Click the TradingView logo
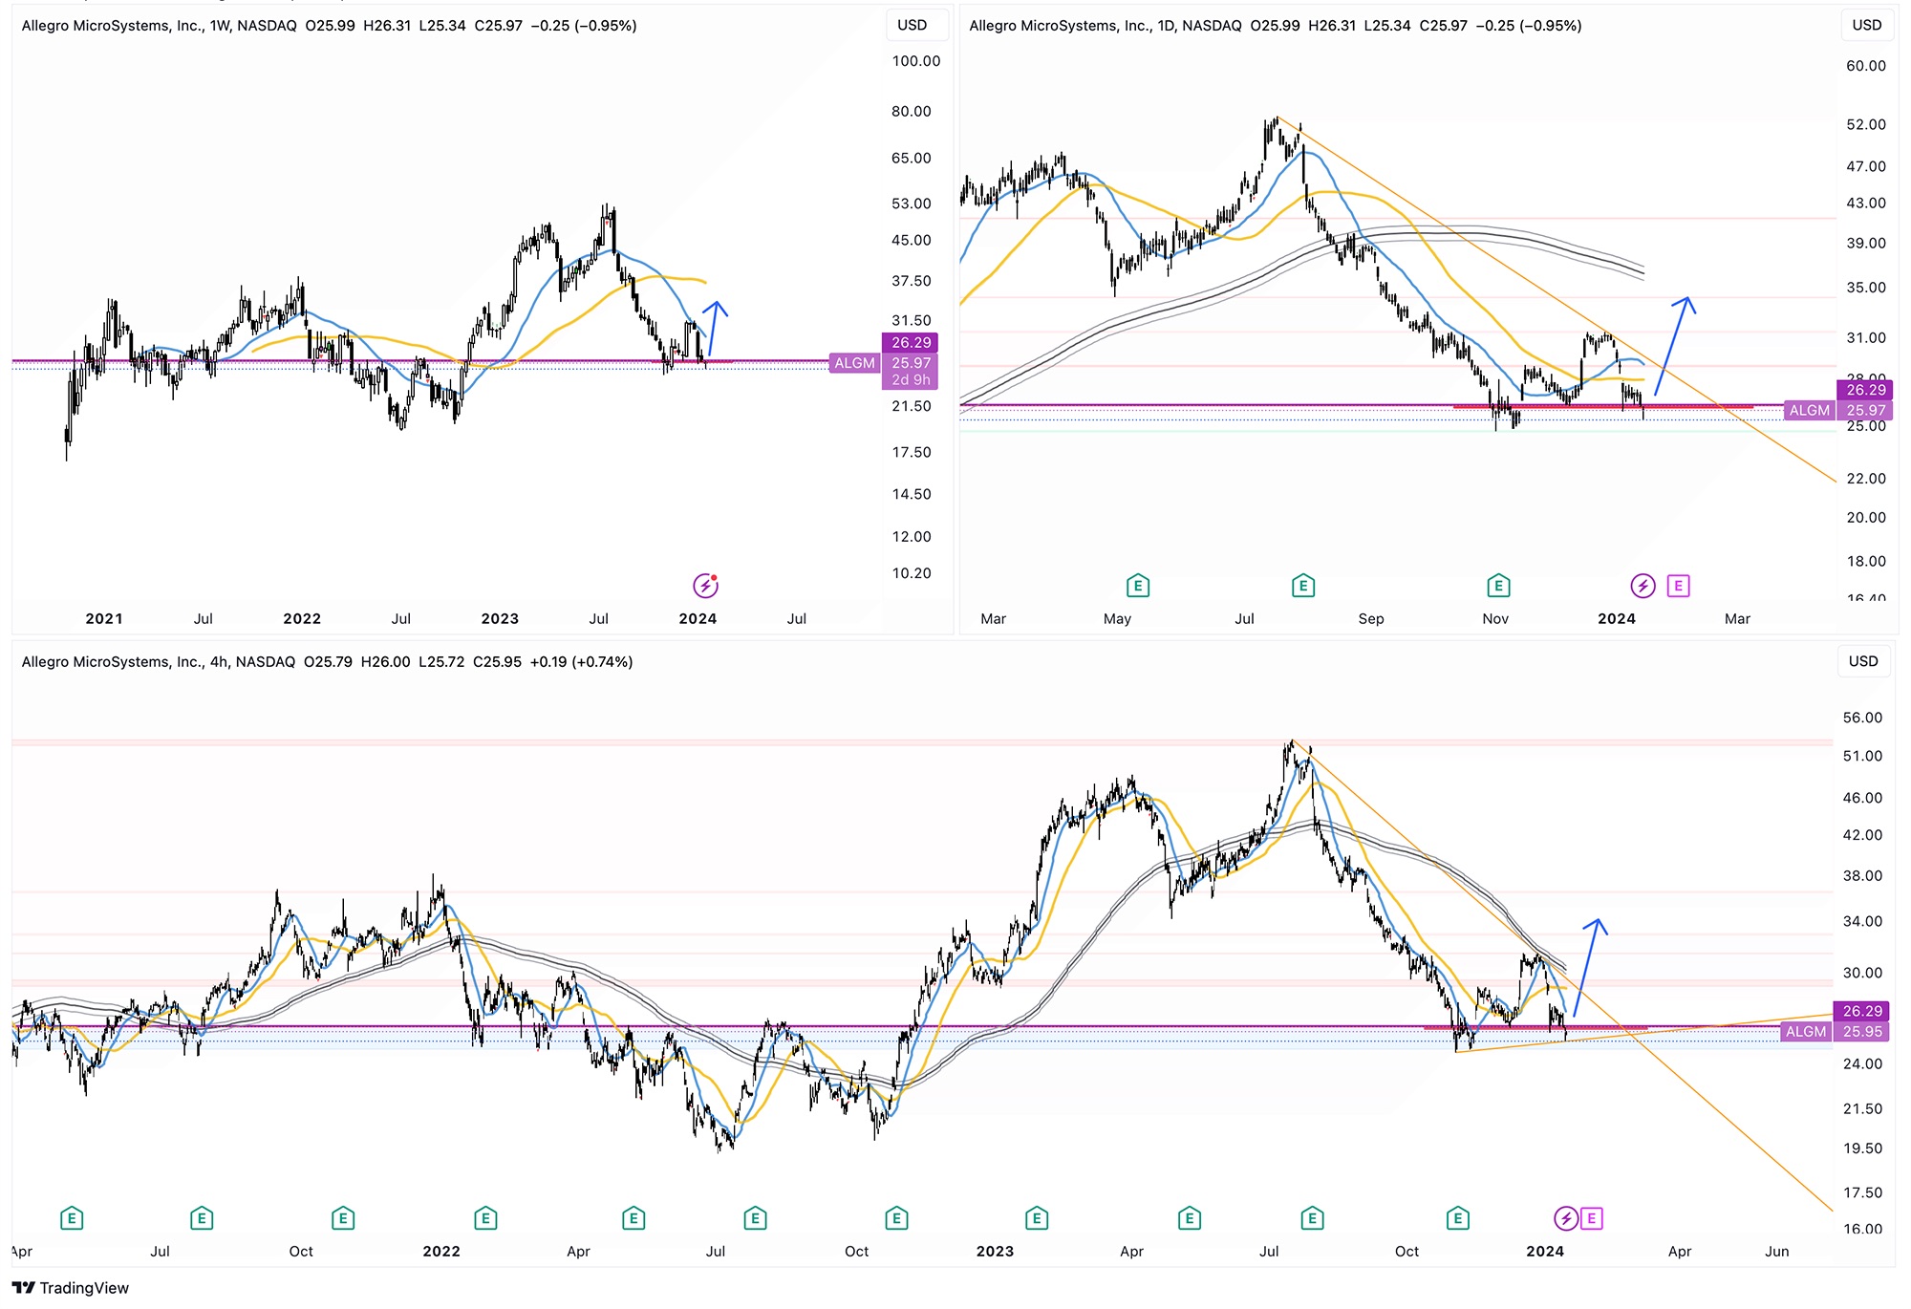[x=70, y=1288]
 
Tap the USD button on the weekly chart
[x=912, y=25]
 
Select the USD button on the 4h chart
[x=1862, y=661]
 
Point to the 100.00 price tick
[x=915, y=61]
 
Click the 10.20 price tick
[x=911, y=573]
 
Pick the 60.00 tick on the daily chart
[x=1865, y=66]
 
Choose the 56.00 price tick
[x=1861, y=718]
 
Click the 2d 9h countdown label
[x=911, y=380]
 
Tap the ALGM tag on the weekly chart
[x=854, y=363]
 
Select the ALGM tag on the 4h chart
[x=1806, y=1032]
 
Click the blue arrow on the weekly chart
[x=715, y=327]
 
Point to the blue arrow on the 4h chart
[x=1588, y=965]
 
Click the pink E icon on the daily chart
[x=1679, y=586]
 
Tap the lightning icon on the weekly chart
[x=705, y=585]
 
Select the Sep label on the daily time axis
[x=1370, y=619]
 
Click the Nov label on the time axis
[x=1495, y=619]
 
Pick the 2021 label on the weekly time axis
[x=104, y=619]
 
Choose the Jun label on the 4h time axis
[x=1776, y=1252]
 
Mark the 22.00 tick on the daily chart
[x=1865, y=479]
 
